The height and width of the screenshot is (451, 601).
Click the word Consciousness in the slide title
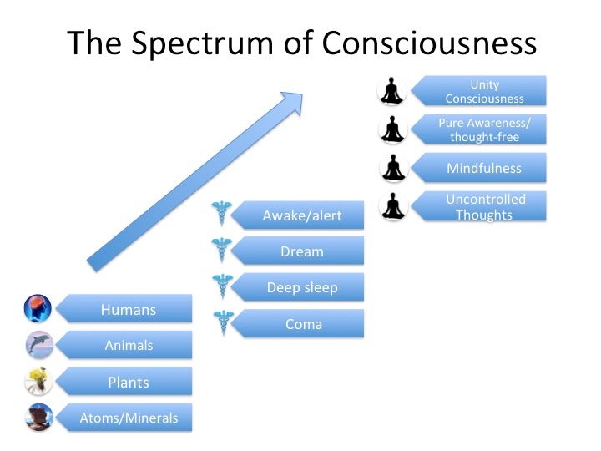point(429,44)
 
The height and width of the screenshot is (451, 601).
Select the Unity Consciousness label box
point(484,92)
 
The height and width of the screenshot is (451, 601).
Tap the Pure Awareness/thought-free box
point(484,129)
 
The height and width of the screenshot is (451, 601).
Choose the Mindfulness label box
point(484,168)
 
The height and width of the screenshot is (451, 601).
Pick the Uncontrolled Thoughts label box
point(484,207)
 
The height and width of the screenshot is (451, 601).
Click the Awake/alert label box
point(302,215)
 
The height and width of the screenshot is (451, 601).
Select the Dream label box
point(302,251)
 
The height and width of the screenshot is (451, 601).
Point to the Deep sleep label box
point(302,287)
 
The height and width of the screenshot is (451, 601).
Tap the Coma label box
point(302,324)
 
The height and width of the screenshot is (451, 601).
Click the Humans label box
point(129,309)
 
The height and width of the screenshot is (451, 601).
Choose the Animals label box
point(129,345)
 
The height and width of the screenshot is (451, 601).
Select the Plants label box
point(129,382)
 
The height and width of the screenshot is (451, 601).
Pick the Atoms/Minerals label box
point(129,418)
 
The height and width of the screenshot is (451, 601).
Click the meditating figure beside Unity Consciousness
point(391,91)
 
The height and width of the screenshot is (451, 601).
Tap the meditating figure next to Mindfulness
point(391,168)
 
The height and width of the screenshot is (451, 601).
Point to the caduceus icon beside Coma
point(223,322)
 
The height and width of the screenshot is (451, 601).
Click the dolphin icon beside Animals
point(38,344)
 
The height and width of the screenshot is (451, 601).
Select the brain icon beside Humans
point(38,308)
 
